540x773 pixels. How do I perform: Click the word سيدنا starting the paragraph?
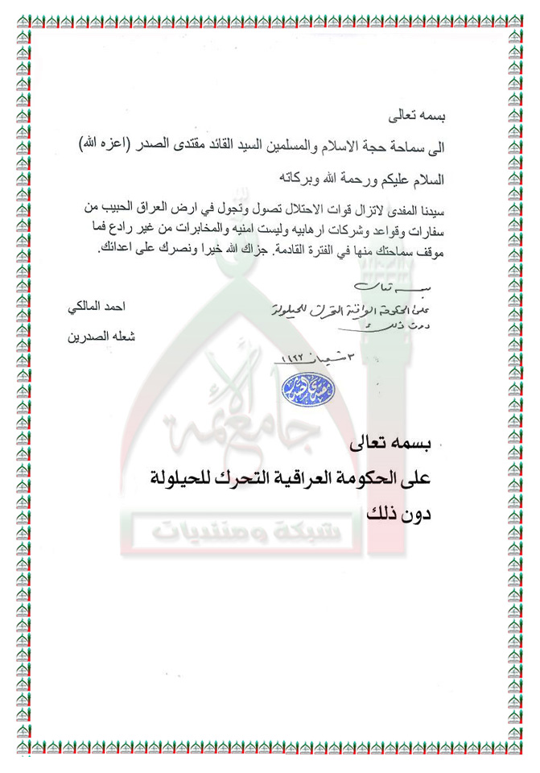click(431, 208)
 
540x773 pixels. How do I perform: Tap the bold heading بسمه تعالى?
click(392, 444)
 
